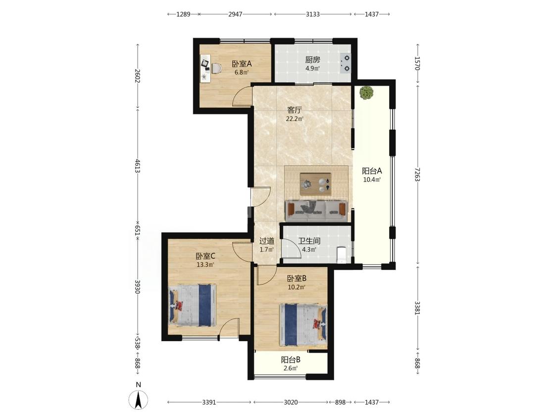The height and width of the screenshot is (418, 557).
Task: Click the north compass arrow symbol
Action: coord(139,400)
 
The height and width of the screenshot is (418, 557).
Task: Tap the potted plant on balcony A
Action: coord(366,93)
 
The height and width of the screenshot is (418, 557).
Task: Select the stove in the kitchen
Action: coord(345,63)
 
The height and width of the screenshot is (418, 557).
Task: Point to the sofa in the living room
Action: coord(316,211)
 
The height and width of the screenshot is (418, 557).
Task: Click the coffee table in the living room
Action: coord(315,184)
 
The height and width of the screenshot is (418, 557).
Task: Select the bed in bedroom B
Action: coord(303,325)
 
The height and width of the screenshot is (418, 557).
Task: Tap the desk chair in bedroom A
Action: coord(216,68)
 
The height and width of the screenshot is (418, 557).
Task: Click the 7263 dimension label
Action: coord(418,174)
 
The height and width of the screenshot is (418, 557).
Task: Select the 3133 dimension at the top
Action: coord(313,14)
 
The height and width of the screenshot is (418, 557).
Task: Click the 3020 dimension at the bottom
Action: coord(291,402)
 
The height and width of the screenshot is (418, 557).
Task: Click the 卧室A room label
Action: coord(242,64)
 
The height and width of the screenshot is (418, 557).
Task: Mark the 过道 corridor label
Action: coord(267,241)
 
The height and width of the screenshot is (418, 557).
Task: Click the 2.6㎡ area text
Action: coord(291,368)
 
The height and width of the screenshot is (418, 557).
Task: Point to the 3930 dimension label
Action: coord(138,286)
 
